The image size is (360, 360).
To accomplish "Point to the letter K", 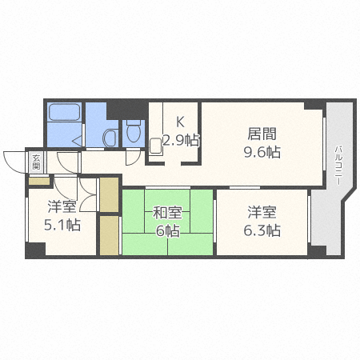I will pos(180,122).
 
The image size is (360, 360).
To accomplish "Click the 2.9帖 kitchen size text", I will pos(181,140).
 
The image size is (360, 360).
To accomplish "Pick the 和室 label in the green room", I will pos(168,213).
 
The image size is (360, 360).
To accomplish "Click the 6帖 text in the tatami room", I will pos(167,231).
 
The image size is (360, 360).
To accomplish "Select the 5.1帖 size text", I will pos(61,224).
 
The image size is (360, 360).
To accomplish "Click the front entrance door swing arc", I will pos(14,160).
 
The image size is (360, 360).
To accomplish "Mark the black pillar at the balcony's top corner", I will pos(317,105).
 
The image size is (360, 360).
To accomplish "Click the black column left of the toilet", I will pos(115,107).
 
